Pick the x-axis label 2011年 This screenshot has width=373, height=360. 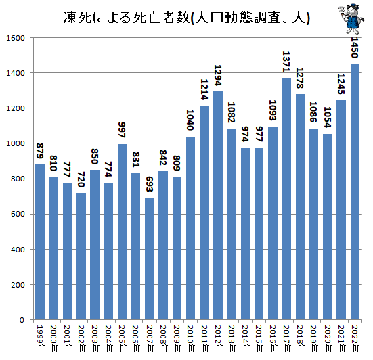coord(204,336)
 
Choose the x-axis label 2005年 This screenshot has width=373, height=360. coord(123,336)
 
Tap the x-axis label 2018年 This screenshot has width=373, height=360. coord(301,336)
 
